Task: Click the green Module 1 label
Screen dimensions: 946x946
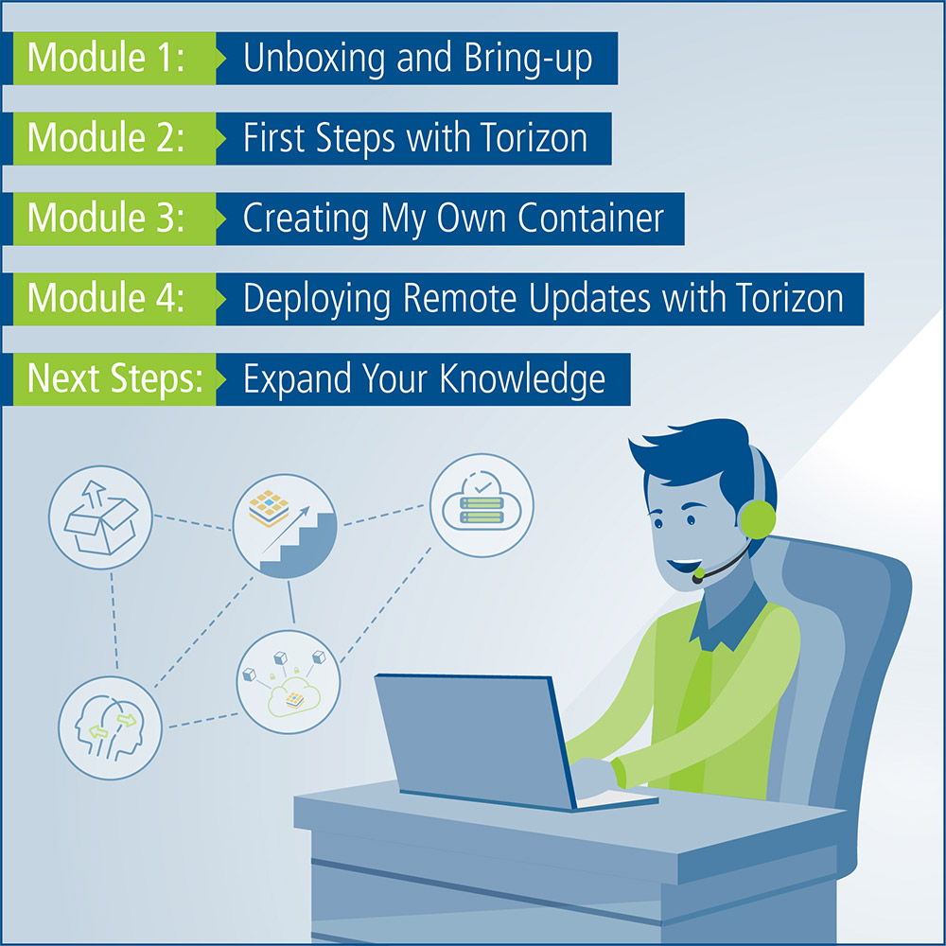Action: tap(114, 58)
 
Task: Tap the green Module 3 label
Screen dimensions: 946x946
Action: tap(114, 219)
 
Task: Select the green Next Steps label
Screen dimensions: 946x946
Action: tap(114, 379)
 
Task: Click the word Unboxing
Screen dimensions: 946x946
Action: tap(314, 60)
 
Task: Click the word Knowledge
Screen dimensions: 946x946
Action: tap(522, 380)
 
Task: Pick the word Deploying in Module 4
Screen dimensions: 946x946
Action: tap(317, 299)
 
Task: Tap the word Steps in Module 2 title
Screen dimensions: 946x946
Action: tap(356, 139)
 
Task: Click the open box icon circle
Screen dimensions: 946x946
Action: tap(100, 517)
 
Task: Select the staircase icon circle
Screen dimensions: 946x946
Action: tap(285, 526)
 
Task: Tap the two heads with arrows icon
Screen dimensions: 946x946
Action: tap(110, 727)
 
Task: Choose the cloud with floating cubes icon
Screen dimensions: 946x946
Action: tap(289, 682)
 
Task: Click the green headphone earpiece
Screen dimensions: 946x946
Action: tap(757, 518)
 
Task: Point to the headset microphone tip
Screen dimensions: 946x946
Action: tap(698, 575)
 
